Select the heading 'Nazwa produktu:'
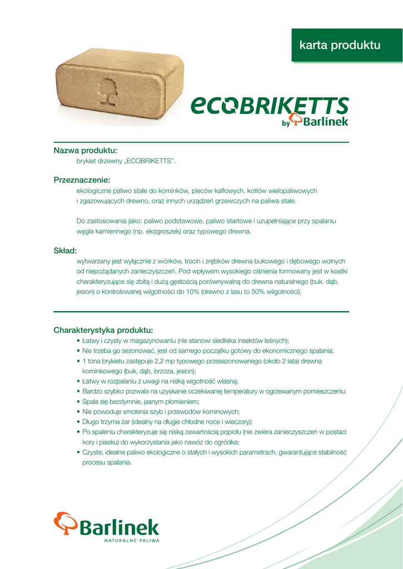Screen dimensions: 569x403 click(85, 151)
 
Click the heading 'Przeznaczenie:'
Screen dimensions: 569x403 click(82, 180)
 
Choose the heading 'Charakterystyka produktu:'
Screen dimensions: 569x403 click(103, 330)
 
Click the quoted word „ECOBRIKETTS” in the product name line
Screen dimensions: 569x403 click(150, 161)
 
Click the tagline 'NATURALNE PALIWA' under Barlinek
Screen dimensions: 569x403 click(132, 540)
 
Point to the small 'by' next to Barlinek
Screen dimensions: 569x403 click(286, 123)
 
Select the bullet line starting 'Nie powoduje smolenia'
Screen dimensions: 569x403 click(161, 411)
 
